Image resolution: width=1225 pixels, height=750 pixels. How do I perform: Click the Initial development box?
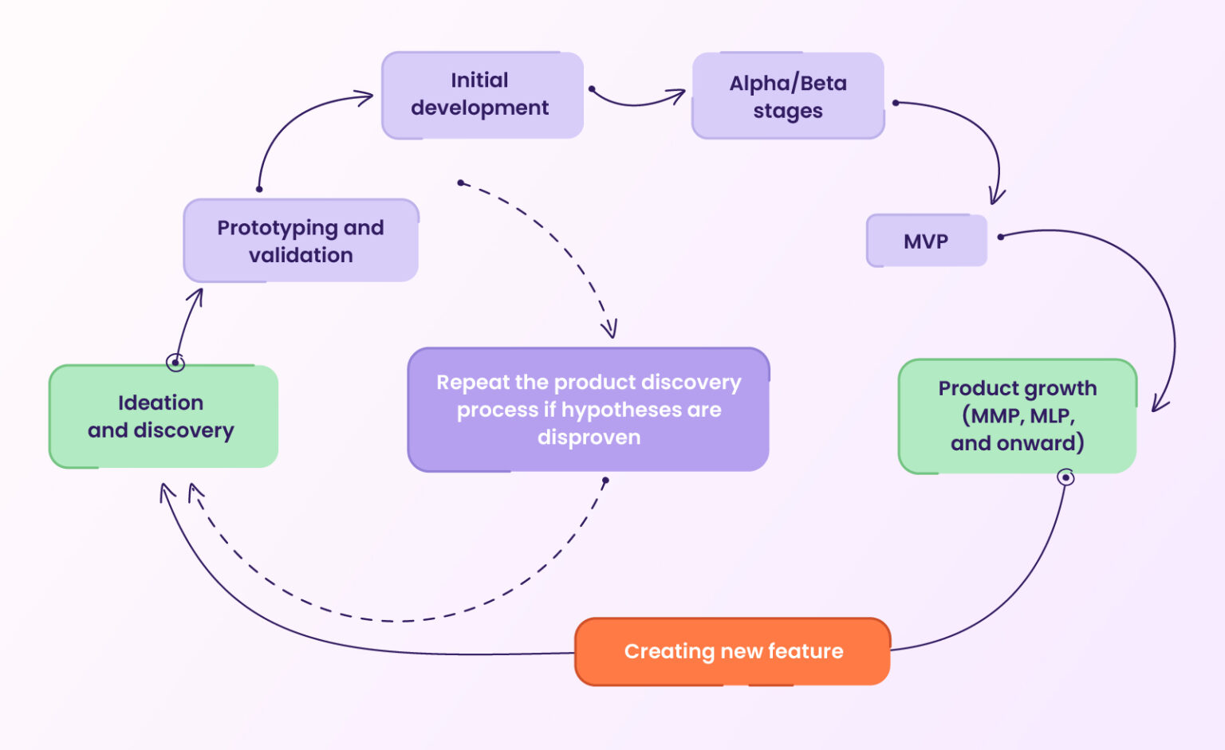pos(482,95)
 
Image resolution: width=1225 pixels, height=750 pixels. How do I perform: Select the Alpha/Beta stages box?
pos(788,96)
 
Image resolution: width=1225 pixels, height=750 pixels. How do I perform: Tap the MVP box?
pos(926,241)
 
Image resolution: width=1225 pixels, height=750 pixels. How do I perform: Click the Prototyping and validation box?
pos(301,241)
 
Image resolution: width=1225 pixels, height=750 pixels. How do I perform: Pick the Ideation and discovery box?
pos(163,417)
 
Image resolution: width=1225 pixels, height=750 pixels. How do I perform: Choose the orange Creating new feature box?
pos(732,651)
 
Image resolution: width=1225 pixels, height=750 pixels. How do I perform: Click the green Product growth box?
pos(1017,416)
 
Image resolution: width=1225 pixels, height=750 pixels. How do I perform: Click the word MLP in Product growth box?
pos(1052,416)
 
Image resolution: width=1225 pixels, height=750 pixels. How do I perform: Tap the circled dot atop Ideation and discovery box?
pos(175,363)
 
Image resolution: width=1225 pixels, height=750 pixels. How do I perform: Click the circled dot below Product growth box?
pos(1065,477)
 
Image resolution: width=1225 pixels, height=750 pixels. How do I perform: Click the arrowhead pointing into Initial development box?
pos(365,98)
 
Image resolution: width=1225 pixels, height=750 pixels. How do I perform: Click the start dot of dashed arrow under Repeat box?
pos(605,481)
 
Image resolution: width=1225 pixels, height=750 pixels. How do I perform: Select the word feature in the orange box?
pos(805,651)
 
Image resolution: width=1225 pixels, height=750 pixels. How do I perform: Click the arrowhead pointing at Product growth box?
pos(1160,404)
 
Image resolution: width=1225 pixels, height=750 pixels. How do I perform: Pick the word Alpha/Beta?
pos(788,83)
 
